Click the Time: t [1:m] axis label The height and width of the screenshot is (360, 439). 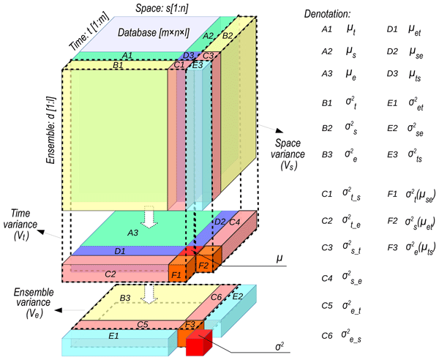pos(78,33)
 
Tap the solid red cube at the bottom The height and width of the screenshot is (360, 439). pos(198,343)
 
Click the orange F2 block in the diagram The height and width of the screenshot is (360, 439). pos(204,265)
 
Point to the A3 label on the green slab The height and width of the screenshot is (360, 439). pos(133,233)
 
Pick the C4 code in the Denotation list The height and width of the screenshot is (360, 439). pos(327,278)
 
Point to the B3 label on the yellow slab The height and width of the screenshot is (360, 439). pos(126,298)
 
